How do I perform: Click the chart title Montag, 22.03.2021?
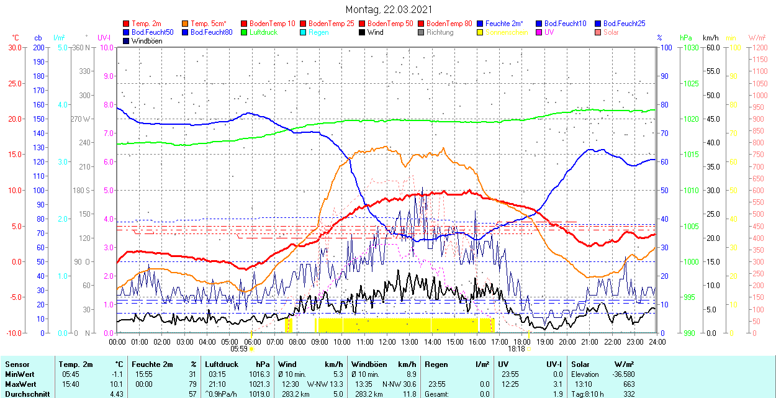pyautogui.click(x=389, y=10)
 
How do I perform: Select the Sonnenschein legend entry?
pyautogui.click(x=507, y=32)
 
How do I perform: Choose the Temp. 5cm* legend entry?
pyautogui.click(x=208, y=24)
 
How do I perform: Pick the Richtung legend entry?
pyautogui.click(x=440, y=32)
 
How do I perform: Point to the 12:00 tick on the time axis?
pyautogui.click(x=387, y=341)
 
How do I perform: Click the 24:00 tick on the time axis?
pyautogui.click(x=657, y=341)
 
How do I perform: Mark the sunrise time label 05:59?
pyautogui.click(x=240, y=349)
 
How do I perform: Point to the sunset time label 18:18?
pyautogui.click(x=516, y=349)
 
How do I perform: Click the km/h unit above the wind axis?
pyautogui.click(x=711, y=38)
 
